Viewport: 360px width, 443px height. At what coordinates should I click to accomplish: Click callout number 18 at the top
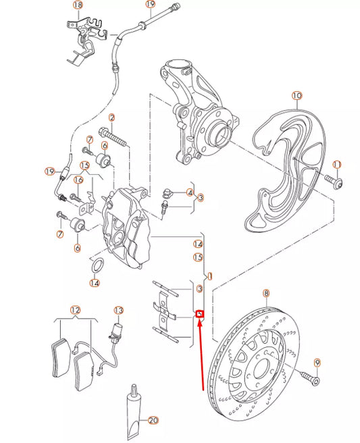(77, 5)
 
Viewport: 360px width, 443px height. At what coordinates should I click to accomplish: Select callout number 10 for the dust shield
(297, 97)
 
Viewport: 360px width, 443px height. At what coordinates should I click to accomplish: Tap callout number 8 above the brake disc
(266, 294)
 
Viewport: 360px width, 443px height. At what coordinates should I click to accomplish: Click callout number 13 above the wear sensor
(119, 311)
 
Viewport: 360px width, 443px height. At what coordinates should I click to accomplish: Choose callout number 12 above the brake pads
(76, 311)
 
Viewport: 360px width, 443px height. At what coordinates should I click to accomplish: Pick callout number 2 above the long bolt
(112, 119)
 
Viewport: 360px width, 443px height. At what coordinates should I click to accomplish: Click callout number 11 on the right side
(337, 164)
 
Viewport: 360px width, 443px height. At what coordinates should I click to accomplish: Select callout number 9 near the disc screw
(317, 363)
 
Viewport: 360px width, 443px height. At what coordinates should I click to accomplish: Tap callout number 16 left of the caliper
(78, 180)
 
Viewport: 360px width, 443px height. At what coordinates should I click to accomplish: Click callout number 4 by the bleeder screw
(190, 193)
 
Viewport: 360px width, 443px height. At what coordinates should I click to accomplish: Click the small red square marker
(199, 314)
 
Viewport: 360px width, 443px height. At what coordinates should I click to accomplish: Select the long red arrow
(202, 355)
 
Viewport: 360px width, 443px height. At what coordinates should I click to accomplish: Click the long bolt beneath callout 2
(113, 139)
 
